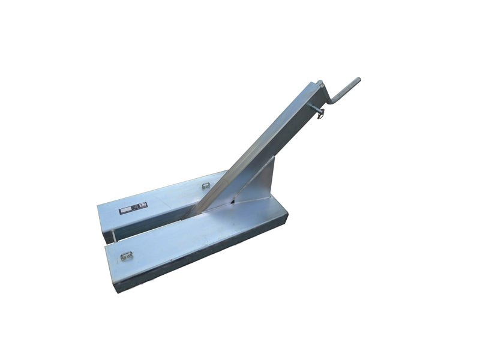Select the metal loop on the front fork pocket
(x=126, y=256)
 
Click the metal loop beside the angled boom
(x=206, y=185)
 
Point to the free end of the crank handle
(x=357, y=80)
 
